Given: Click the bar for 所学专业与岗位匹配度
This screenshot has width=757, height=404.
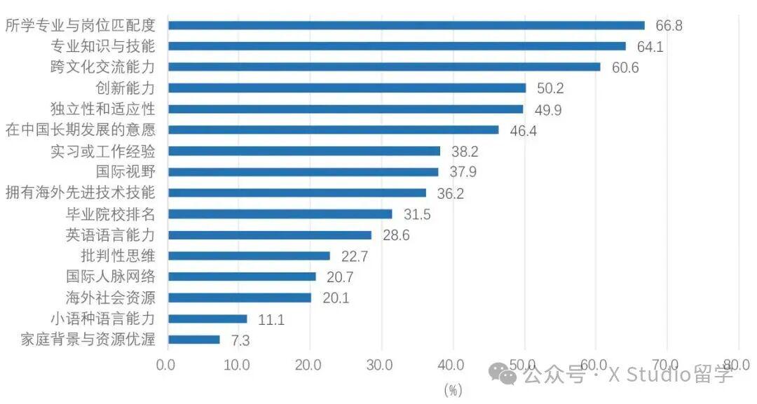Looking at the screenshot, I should (x=407, y=25).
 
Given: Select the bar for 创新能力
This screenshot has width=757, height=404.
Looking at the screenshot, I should (x=347, y=88).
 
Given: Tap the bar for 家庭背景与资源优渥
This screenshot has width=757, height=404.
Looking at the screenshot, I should (x=194, y=340).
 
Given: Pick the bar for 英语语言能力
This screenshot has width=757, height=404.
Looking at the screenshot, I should (x=270, y=235).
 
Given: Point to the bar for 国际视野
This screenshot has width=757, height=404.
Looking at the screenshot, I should (x=303, y=172).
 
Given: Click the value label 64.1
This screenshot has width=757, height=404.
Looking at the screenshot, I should (x=650, y=47).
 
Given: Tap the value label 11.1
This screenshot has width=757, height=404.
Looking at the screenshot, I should (x=272, y=320).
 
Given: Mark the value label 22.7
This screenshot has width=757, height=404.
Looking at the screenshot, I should (x=355, y=257).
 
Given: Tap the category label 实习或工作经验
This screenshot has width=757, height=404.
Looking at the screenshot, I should (x=103, y=151).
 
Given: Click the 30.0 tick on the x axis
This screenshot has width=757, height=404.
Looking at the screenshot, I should (x=381, y=365).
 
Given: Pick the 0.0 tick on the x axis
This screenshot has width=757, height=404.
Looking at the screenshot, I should (x=167, y=365).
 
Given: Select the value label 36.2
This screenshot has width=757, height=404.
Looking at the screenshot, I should (x=450, y=194).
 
